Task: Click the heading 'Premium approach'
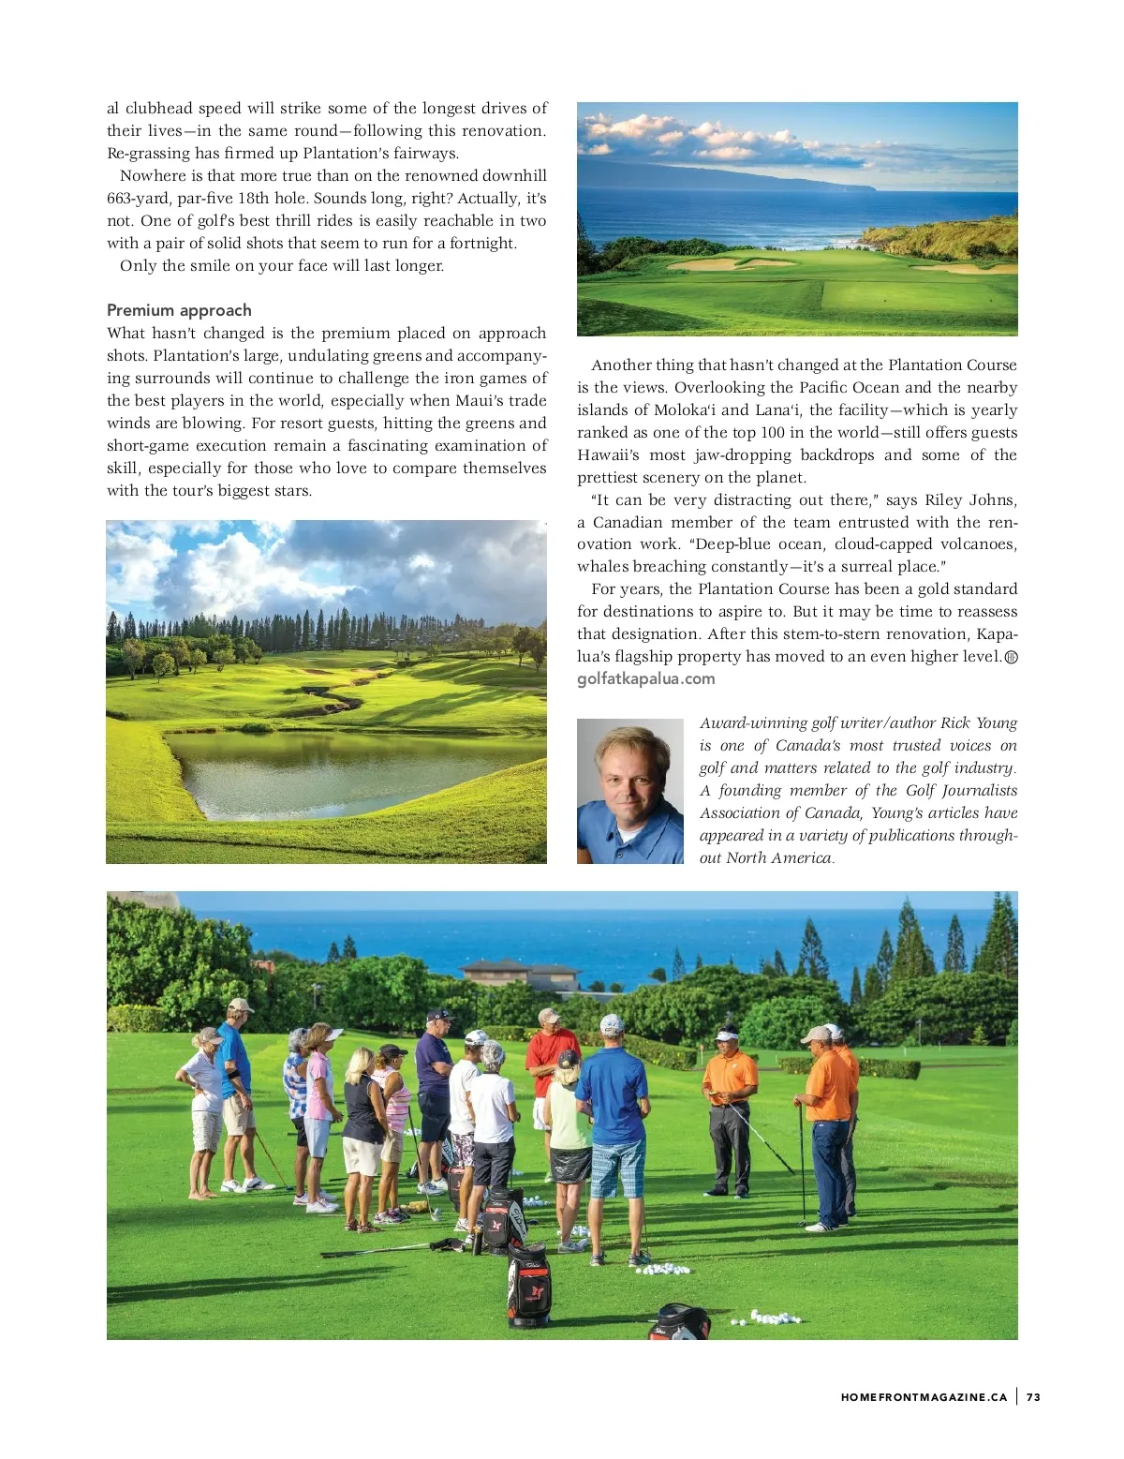pyautogui.click(x=179, y=310)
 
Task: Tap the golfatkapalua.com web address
pyautogui.click(x=645, y=678)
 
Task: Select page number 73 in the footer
pyautogui.click(x=1033, y=1396)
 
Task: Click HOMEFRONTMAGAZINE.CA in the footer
pyautogui.click(x=924, y=1396)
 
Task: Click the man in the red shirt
pyautogui.click(x=552, y=1054)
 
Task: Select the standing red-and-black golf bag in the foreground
pyautogui.click(x=529, y=1284)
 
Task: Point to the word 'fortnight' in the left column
pyautogui.click(x=482, y=243)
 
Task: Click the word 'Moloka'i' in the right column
pyautogui.click(x=686, y=409)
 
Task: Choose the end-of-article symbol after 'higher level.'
pyautogui.click(x=1011, y=657)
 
